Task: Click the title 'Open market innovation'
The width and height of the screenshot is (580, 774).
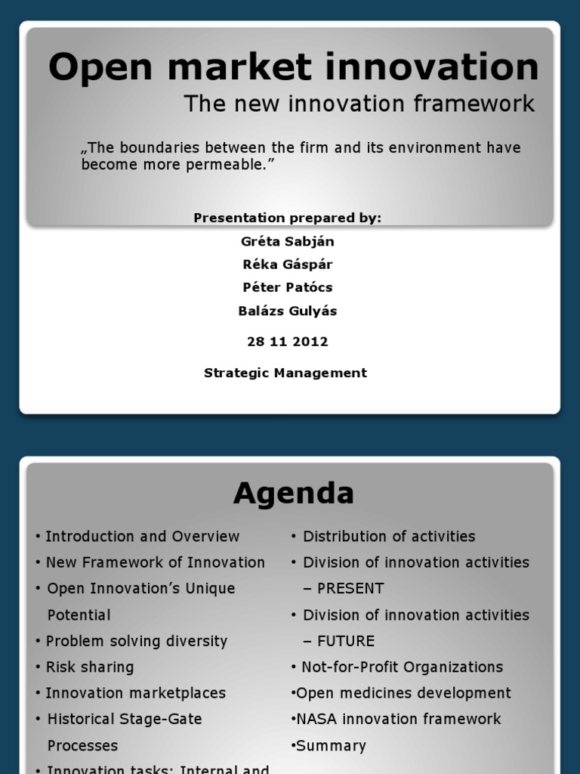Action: (x=293, y=68)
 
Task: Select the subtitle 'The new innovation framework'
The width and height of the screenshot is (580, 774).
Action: (x=359, y=104)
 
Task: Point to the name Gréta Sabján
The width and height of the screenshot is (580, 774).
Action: (x=287, y=242)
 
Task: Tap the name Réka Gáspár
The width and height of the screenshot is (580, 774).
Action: (x=287, y=265)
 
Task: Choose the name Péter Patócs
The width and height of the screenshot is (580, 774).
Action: (x=287, y=287)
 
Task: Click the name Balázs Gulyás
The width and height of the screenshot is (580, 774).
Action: (x=287, y=311)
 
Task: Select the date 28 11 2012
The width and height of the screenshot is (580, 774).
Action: (x=287, y=342)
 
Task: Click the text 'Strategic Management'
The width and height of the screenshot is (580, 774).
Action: (x=285, y=373)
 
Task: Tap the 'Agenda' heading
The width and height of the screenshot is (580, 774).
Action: (x=293, y=494)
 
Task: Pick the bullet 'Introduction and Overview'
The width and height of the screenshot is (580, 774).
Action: (x=142, y=537)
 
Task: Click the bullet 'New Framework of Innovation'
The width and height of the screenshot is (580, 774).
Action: (x=155, y=562)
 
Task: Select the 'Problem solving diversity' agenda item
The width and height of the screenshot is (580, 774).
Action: (x=136, y=641)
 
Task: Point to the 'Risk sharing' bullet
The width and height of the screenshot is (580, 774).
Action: (x=89, y=667)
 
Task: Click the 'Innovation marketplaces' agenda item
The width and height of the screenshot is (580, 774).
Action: (x=135, y=693)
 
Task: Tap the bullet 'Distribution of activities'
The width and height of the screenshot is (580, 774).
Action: (x=389, y=537)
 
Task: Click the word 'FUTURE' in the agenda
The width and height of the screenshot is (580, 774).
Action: (x=346, y=641)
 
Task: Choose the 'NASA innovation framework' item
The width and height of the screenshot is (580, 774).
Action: (x=399, y=719)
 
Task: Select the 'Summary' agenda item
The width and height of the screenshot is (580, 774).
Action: (x=331, y=745)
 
